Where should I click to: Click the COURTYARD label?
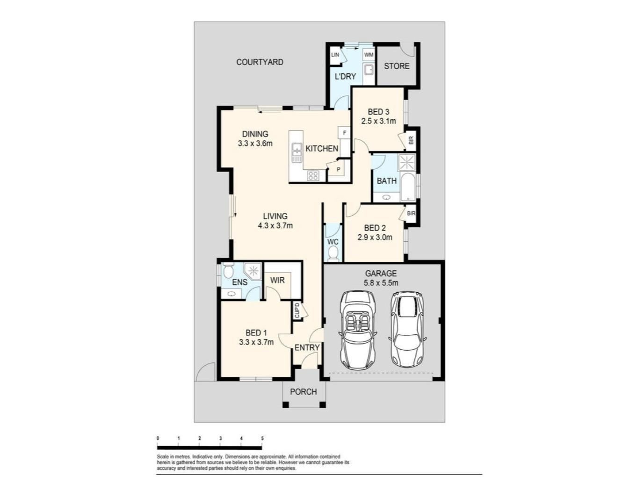click(260, 62)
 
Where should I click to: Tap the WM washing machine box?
click(368, 54)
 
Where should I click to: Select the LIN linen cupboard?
click(335, 55)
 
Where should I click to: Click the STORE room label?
click(397, 66)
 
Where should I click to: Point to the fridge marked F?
click(344, 133)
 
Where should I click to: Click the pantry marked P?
click(339, 169)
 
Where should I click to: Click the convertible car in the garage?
click(358, 331)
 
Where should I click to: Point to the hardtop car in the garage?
click(407, 329)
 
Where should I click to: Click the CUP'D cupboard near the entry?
click(297, 310)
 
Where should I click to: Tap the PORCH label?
click(304, 392)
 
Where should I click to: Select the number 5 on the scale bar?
click(262, 439)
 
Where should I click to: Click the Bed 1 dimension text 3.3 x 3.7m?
click(256, 342)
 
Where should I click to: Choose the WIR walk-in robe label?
click(277, 280)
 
